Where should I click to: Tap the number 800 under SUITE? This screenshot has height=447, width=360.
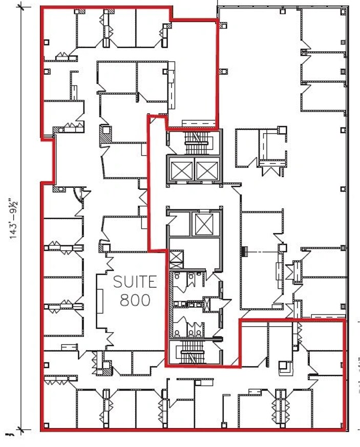[135, 300]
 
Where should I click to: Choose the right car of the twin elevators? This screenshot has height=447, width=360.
[206, 169]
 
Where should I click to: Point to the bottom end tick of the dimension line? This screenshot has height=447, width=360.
[20, 429]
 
